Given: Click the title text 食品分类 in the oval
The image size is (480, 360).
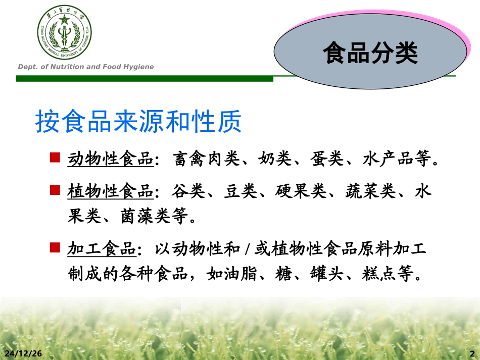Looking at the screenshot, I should [x=370, y=53].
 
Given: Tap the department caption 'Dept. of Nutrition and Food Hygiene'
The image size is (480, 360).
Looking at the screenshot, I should [x=86, y=67].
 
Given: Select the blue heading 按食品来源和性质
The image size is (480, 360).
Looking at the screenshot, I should [x=138, y=122].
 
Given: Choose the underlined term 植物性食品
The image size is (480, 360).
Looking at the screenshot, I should [x=110, y=192].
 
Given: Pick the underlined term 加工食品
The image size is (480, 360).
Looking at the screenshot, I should [x=102, y=249].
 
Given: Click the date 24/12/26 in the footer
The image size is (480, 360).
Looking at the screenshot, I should [x=23, y=353].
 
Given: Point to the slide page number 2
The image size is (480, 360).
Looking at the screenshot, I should [x=472, y=353].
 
